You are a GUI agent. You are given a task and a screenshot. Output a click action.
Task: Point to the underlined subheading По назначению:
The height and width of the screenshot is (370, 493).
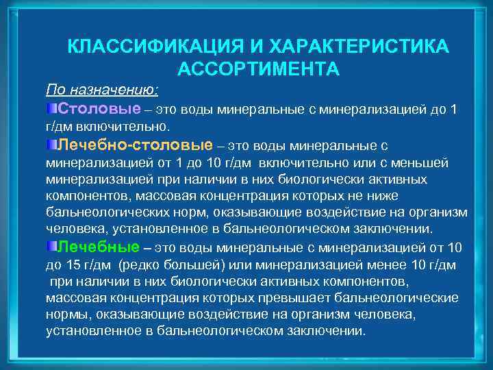[x=101, y=90]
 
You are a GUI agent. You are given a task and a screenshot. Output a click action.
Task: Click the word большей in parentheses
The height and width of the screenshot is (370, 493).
[x=182, y=265]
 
